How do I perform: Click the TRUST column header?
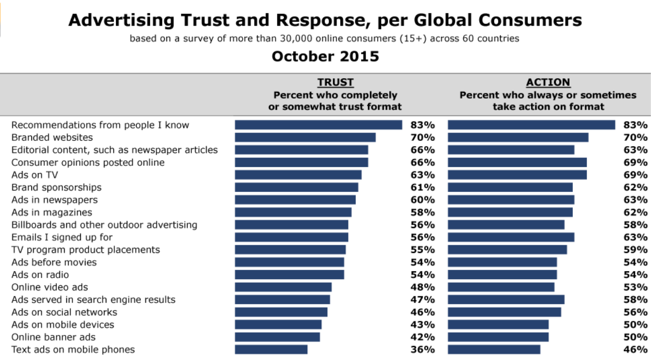coord(335,82)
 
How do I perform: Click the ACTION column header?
coord(548,82)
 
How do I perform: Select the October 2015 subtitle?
coord(325,56)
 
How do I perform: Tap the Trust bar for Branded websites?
coord(305,137)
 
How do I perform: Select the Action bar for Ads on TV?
coord(517,175)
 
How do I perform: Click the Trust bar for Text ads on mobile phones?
coord(271,350)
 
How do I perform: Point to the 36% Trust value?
coord(423,350)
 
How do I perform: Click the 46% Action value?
coord(635,350)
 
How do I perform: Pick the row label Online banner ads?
coord(54,337)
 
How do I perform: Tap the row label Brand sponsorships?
coord(56,187)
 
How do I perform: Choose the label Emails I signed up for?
coord(62,237)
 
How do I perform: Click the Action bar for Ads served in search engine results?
coord(506,299)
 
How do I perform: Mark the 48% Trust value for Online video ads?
coord(423,287)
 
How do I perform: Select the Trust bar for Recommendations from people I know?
coord(318,125)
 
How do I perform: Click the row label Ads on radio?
coord(40,275)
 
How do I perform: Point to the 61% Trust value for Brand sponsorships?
coord(423,187)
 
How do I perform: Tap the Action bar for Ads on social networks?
coord(504,312)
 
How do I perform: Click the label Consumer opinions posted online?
coord(88,162)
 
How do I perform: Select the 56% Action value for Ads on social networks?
coord(635,312)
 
